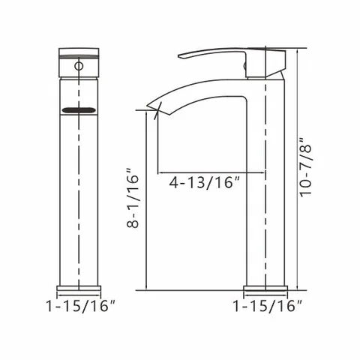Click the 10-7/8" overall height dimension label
pos(306,167)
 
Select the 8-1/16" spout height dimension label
pos(133,198)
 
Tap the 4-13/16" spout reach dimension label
pos(204,182)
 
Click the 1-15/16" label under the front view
pos(80,305)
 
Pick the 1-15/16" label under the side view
pos(268,305)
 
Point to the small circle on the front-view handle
pos(79,66)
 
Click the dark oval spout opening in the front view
pos(79,110)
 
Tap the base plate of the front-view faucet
pos(79,288)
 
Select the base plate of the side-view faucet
pos(265,288)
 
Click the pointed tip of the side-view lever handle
pos(178,57)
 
